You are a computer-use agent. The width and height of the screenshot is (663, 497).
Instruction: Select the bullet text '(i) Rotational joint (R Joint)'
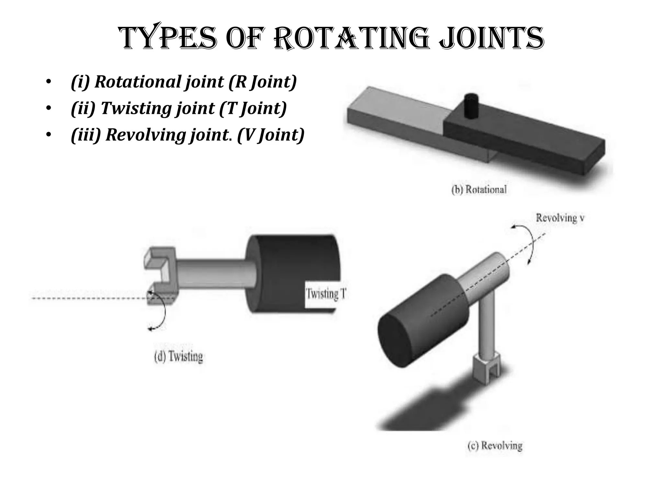coord(184,82)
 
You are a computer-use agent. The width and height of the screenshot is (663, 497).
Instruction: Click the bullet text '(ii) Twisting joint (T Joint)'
coord(179,108)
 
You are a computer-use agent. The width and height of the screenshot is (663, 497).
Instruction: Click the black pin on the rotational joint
coord(471,105)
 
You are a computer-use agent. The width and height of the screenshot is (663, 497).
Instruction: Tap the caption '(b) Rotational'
coord(479,189)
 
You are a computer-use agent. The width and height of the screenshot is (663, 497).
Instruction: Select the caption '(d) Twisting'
coord(178,357)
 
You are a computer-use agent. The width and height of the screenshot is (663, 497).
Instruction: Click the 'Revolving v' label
coord(560,218)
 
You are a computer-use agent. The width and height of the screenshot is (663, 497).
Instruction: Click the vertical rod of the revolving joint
coord(486,327)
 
